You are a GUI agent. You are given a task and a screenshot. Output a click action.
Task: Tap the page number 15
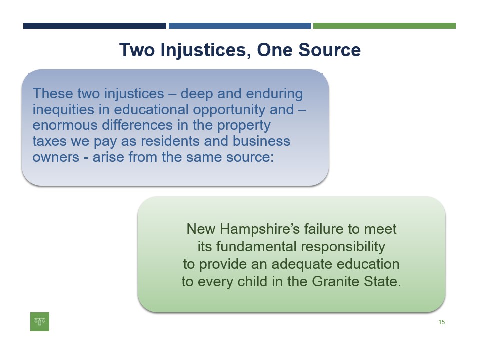click(441, 322)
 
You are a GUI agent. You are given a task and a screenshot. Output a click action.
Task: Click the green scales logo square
click(40, 321)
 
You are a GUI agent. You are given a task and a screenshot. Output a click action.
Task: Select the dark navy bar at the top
click(95, 26)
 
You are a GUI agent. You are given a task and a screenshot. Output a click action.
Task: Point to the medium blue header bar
click(240, 26)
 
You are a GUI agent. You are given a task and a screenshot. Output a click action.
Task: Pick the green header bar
click(385, 26)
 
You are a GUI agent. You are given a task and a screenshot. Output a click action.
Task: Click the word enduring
click(274, 94)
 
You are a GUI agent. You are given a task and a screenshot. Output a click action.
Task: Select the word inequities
click(63, 110)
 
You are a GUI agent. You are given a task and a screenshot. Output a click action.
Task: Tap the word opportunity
click(229, 110)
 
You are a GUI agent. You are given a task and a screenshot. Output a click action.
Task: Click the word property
click(244, 126)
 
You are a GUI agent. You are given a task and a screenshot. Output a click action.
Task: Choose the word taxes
click(49, 141)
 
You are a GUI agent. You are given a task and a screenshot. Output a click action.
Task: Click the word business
click(261, 141)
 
